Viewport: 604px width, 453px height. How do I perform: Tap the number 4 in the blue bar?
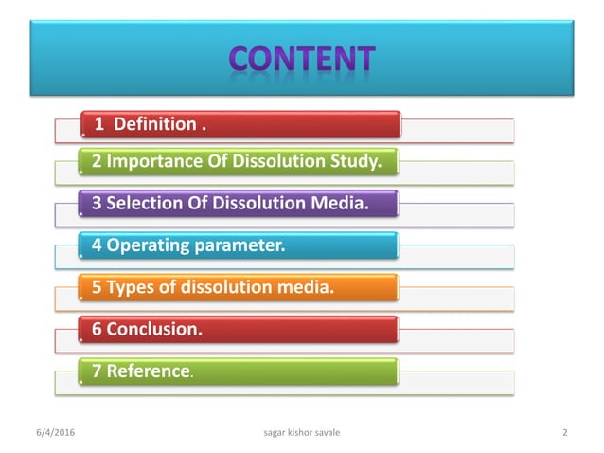(97, 245)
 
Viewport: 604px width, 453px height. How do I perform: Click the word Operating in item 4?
(149, 245)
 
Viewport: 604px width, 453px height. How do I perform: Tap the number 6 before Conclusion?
(97, 330)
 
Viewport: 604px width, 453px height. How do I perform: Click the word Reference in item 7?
(147, 371)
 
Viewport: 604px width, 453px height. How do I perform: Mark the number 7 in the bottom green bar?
(97, 371)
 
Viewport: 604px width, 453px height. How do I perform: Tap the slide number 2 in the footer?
(564, 433)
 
